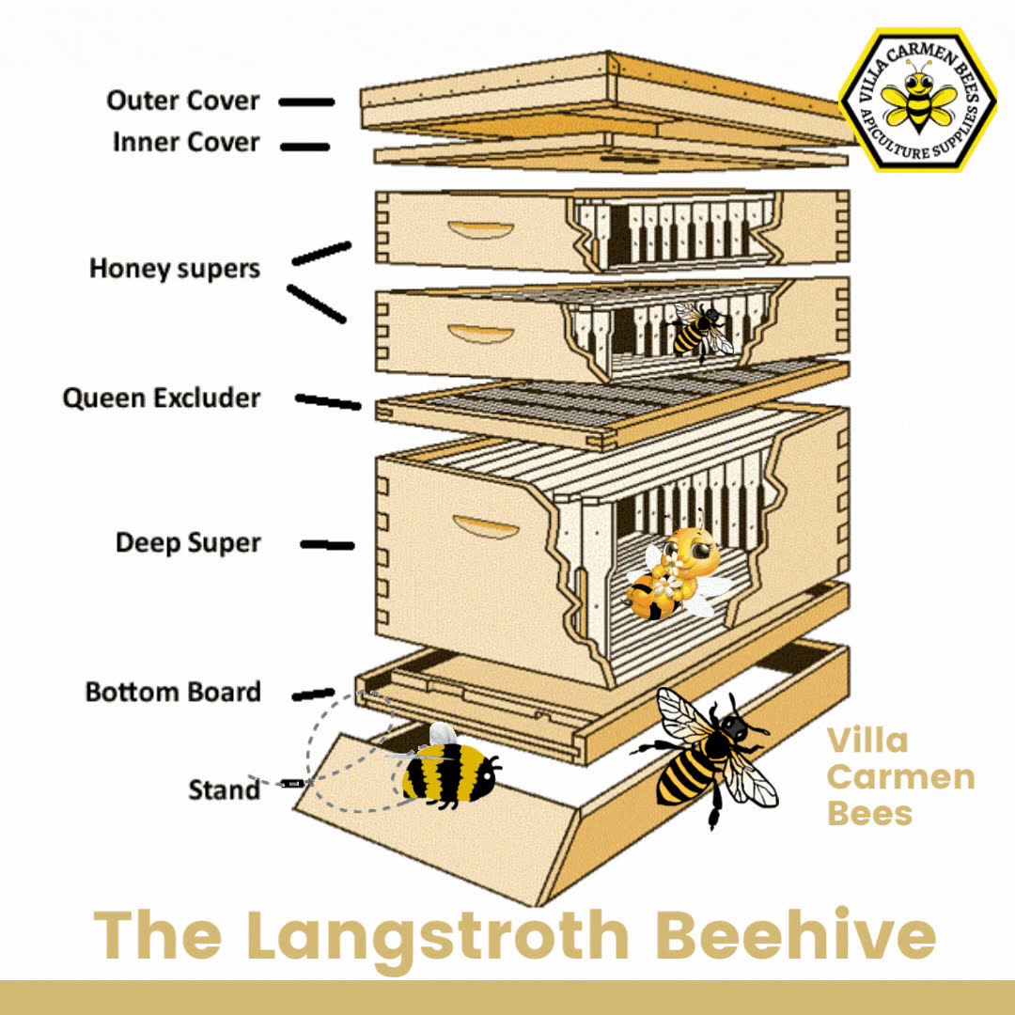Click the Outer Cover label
183,101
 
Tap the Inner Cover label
186,143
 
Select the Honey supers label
175,269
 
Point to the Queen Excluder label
162,398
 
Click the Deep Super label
188,542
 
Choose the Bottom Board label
174,692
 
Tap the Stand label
224,789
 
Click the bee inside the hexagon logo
919,99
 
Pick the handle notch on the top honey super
481,230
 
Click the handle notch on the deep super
486,526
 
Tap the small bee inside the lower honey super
700,331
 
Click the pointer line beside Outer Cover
306,101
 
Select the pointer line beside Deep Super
328,545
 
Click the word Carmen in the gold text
901,777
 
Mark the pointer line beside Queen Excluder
328,401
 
